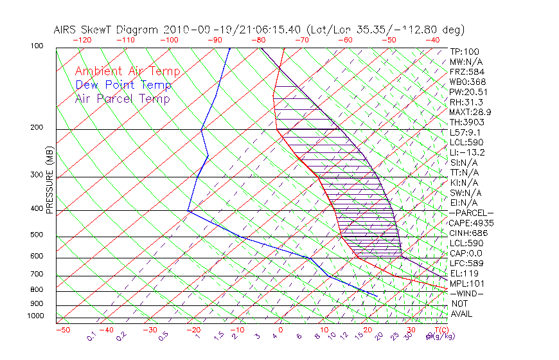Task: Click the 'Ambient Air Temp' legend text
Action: point(127,71)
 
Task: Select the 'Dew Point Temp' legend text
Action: point(123,85)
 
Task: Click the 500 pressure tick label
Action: point(37,235)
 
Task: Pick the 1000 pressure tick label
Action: point(35,316)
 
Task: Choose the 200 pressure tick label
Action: point(37,128)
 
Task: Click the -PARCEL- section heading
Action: point(471,213)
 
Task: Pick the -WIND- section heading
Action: point(467,293)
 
